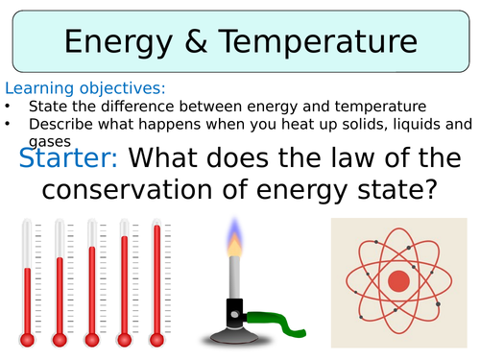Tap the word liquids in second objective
tap(386, 123)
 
